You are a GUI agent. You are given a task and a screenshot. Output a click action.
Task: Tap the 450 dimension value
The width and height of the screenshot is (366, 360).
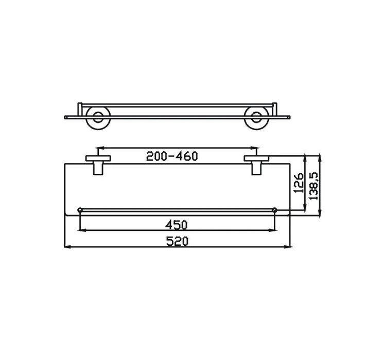176,224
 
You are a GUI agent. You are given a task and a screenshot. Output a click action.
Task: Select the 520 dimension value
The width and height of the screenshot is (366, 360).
176,241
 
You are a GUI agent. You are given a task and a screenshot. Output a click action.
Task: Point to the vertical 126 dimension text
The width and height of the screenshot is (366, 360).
297,183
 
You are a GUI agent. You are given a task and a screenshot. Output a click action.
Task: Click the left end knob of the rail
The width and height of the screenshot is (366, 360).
80,209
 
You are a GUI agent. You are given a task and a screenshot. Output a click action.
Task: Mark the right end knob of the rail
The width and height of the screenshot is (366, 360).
274,209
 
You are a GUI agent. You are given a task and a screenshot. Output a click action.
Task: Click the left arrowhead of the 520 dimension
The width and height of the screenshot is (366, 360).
66,248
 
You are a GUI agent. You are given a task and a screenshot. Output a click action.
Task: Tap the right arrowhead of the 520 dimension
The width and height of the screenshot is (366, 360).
289,248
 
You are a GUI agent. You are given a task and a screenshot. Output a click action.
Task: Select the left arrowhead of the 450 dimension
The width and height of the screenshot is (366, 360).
81,231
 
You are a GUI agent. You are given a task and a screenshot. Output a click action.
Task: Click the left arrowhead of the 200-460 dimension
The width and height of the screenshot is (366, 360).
99,147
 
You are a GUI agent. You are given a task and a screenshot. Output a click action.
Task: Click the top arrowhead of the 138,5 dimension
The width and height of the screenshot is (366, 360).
320,155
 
